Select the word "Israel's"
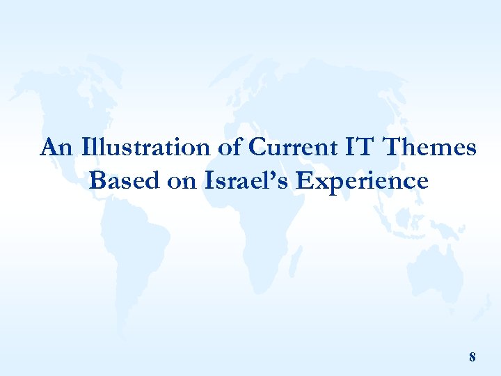click(246, 181)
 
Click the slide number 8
click(472, 357)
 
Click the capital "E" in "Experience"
click(303, 181)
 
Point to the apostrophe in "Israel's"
click(272, 175)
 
